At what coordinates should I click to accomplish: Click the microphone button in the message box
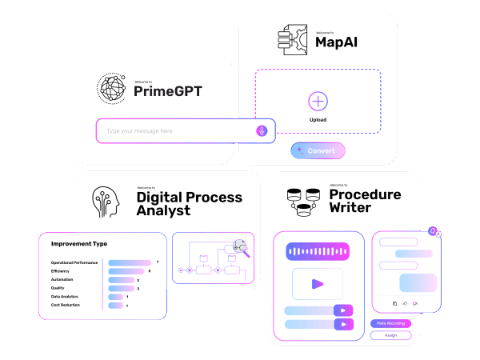262,130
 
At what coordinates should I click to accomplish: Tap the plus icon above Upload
318,102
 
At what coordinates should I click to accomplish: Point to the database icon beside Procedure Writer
303,201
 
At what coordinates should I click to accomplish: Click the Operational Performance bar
129,262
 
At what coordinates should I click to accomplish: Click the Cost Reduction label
65,305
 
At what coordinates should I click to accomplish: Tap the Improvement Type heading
78,244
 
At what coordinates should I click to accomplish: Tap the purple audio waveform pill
318,252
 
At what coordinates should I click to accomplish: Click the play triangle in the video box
318,283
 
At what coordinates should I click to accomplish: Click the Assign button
391,335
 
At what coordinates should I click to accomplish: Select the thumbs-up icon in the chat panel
405,303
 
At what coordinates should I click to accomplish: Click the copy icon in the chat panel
394,303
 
